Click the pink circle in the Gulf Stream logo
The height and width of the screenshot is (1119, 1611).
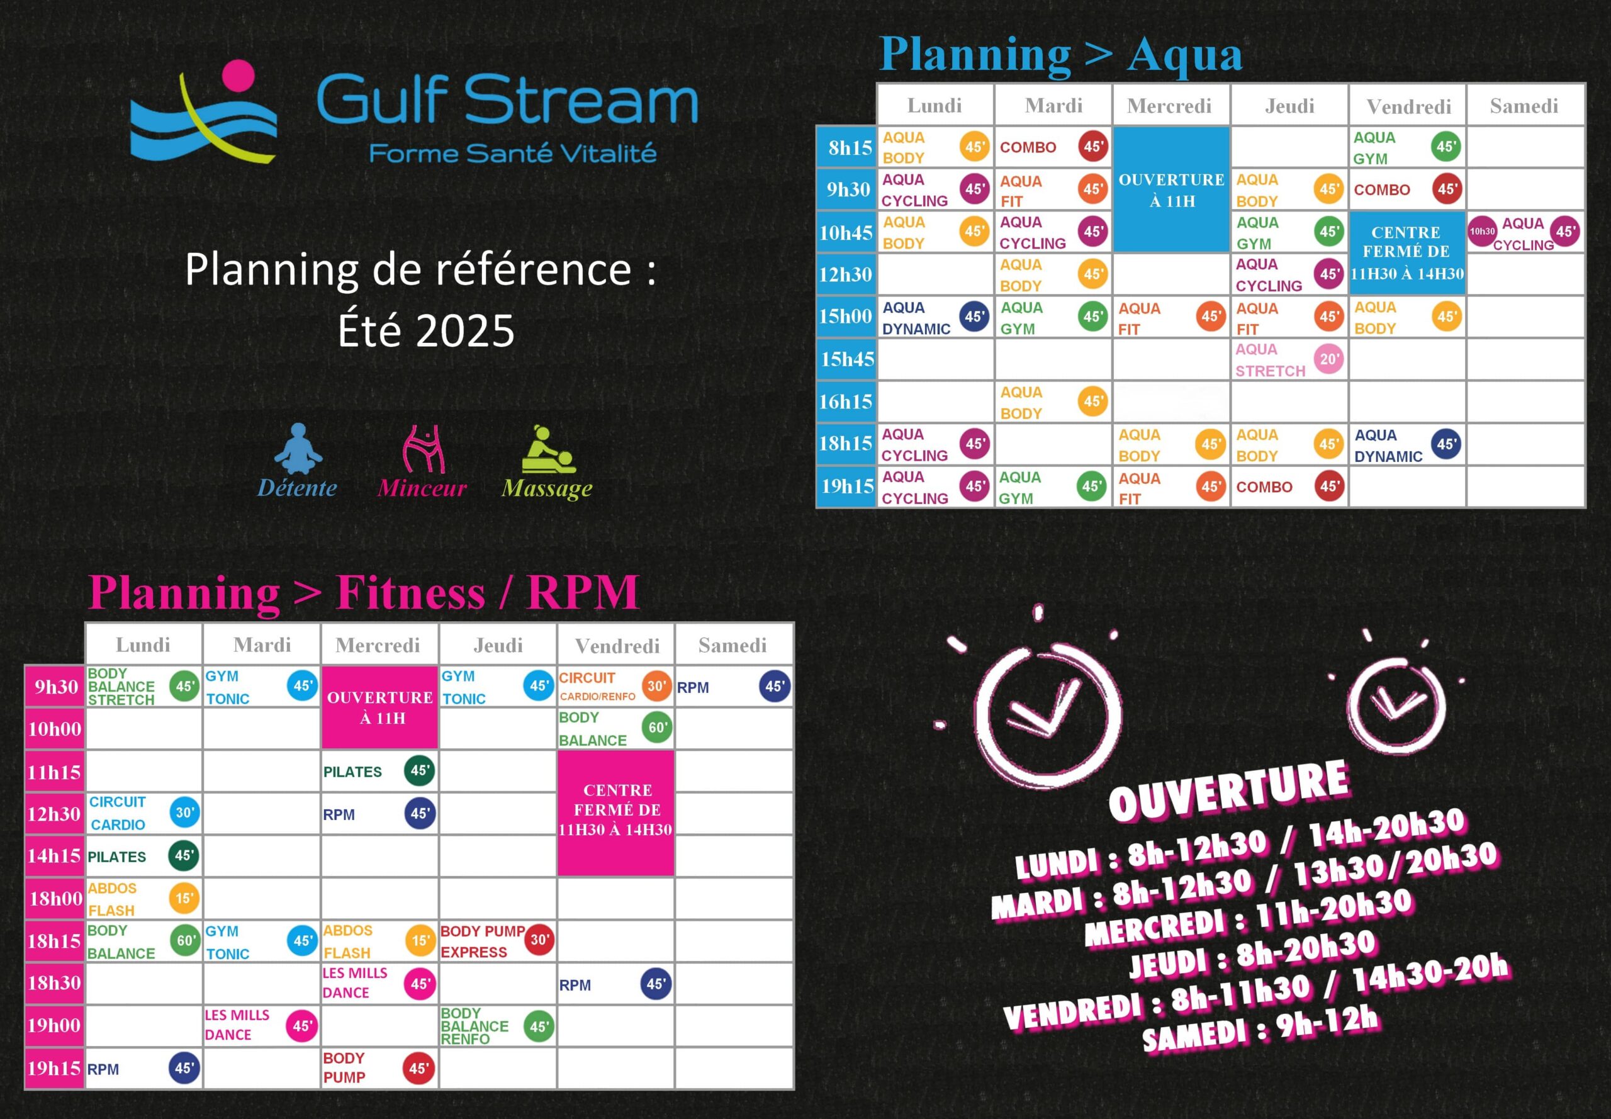(x=237, y=76)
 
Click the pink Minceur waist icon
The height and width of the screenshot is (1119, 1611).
(x=424, y=448)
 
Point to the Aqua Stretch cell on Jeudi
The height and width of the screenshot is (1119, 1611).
(x=1289, y=360)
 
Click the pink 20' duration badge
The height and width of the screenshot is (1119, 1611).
(x=1328, y=359)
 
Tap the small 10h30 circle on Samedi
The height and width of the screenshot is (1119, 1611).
(x=1482, y=232)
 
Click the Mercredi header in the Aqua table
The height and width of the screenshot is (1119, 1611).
(x=1169, y=106)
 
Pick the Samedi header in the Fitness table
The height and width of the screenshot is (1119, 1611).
(x=733, y=645)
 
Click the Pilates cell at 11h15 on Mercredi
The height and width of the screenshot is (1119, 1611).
(x=379, y=771)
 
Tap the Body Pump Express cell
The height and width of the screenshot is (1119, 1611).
(x=497, y=941)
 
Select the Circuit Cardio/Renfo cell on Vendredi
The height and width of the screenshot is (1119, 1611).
(x=615, y=687)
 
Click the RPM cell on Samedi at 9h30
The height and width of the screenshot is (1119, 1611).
(x=734, y=687)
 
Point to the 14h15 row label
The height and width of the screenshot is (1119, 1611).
(x=54, y=856)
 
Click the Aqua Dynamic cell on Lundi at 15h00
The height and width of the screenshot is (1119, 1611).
(x=935, y=317)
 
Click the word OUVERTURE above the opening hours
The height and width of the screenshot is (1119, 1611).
(x=1229, y=790)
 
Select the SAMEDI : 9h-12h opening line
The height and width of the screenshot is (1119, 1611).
(x=1260, y=1028)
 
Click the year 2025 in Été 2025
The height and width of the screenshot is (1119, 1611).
(x=466, y=330)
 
